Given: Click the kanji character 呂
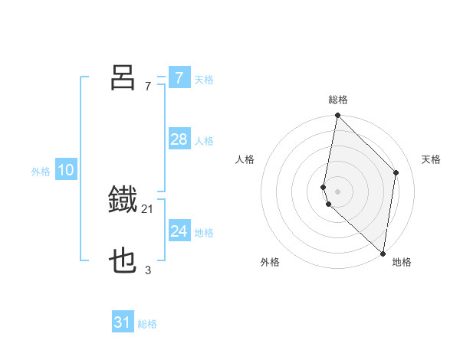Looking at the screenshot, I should pos(123,77).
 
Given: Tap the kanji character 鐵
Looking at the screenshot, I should pos(123,200).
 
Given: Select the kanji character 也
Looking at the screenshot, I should pos(123,262).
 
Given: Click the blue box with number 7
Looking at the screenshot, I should pos(179,78).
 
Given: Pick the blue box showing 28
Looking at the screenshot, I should pos(179,139).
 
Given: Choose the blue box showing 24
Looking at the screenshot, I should pos(179,231).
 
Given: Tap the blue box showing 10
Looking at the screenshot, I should pos(66,170).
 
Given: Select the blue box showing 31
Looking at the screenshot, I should pos(123,322).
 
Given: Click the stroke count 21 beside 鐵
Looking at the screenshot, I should pos(148,208).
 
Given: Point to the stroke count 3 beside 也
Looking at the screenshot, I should pos(148,270).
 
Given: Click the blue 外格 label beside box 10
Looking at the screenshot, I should pos(41,172).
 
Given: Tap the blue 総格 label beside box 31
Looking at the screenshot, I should pos(147,324).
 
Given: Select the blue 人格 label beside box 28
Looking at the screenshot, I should pos(204,141).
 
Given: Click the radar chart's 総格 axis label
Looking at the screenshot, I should pos(338,100).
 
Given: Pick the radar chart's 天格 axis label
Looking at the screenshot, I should pos(431,159).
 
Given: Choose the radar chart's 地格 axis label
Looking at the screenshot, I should pos(402,262).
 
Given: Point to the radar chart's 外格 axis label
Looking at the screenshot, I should pos(270,262).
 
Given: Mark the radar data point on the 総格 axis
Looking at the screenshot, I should pos(338,116).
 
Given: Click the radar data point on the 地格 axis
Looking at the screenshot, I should pos(383,254).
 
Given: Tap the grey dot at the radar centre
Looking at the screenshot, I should pos(338,191).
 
